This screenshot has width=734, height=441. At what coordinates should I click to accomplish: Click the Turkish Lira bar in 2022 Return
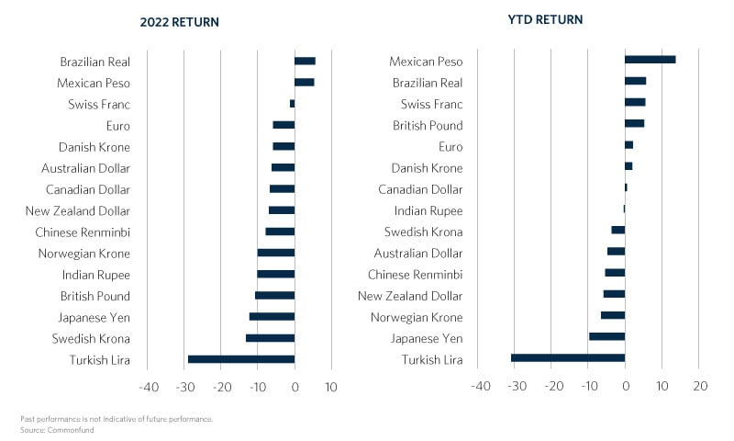pyautogui.click(x=241, y=359)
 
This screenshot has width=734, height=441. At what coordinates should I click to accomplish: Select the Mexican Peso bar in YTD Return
pyautogui.click(x=650, y=60)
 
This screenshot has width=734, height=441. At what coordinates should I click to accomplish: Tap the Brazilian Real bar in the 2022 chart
pyautogui.click(x=305, y=61)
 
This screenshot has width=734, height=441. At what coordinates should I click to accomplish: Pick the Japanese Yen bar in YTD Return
pyautogui.click(x=606, y=336)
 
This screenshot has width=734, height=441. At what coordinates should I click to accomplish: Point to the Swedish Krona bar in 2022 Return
pyautogui.click(x=270, y=338)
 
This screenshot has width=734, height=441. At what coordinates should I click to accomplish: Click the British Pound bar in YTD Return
pyautogui.click(x=634, y=123)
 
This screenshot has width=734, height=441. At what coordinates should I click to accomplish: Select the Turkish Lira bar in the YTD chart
pyautogui.click(x=568, y=357)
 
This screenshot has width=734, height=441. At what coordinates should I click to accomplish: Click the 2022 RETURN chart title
pyautogui.click(x=180, y=21)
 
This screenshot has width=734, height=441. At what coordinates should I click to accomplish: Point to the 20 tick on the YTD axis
pyautogui.click(x=699, y=387)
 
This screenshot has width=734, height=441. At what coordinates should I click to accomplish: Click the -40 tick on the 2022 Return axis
pyautogui.click(x=148, y=388)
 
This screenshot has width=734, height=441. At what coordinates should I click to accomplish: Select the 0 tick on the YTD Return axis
pyautogui.click(x=625, y=387)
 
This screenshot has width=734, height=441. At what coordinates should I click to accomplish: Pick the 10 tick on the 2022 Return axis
pyautogui.click(x=331, y=388)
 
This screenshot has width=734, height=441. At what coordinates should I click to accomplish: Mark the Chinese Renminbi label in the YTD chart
pyautogui.click(x=416, y=274)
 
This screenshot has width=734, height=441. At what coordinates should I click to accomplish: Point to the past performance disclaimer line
pyautogui.click(x=116, y=419)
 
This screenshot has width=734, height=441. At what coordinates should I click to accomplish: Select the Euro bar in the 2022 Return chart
pyautogui.click(x=284, y=125)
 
